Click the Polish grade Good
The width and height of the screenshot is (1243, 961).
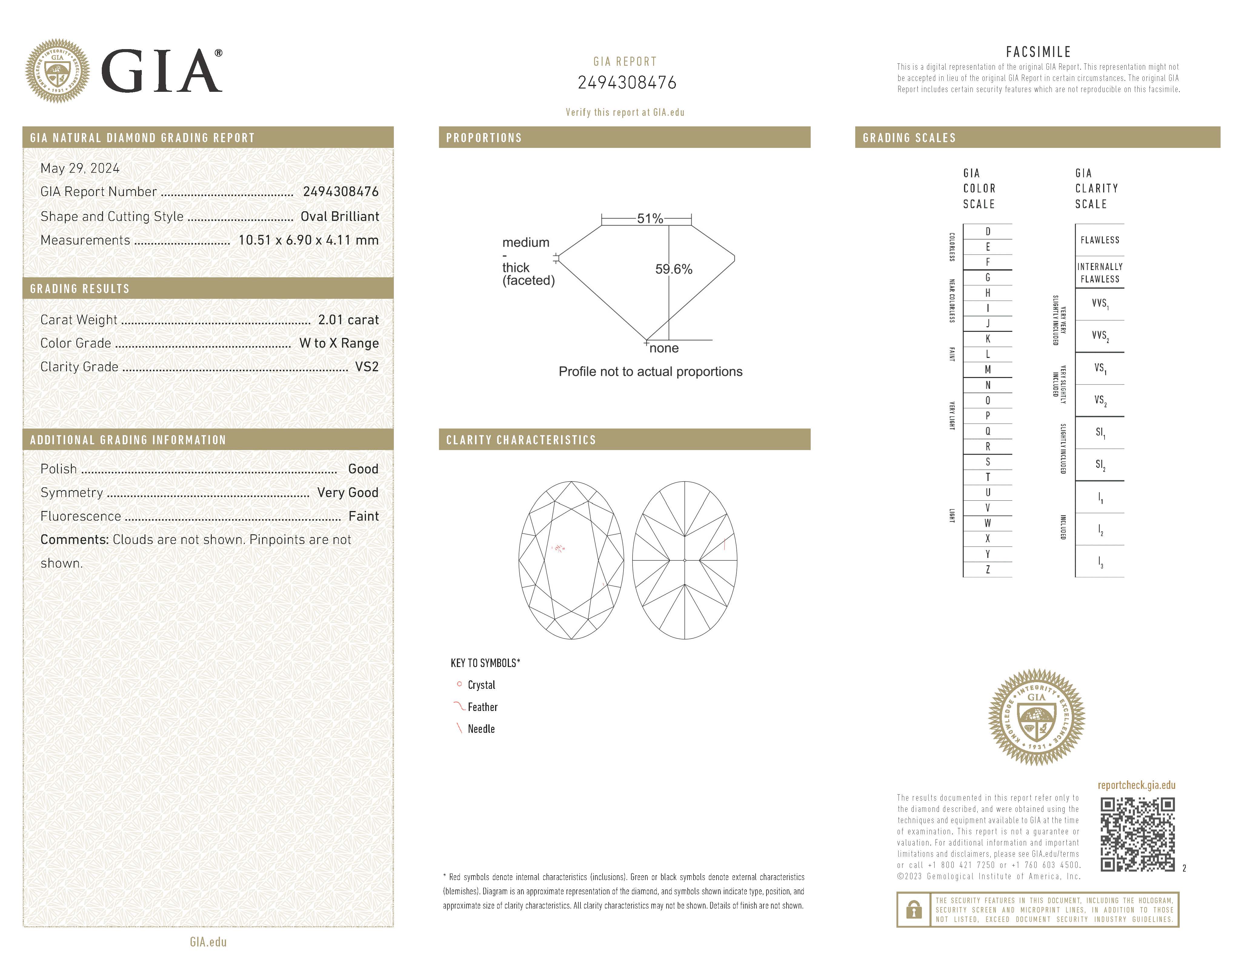tap(363, 469)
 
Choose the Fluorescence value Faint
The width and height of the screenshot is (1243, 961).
tap(363, 516)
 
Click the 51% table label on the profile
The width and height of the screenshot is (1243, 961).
tap(650, 219)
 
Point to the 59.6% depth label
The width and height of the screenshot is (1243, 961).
tap(674, 269)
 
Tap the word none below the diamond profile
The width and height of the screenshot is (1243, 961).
tap(664, 349)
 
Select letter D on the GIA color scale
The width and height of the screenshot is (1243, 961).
tap(987, 232)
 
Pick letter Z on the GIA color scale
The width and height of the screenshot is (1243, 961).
tap(987, 569)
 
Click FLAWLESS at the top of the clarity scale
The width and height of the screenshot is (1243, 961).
tap(1100, 240)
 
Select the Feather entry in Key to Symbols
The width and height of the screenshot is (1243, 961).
tap(482, 707)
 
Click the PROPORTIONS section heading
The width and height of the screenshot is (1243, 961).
tap(484, 138)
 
